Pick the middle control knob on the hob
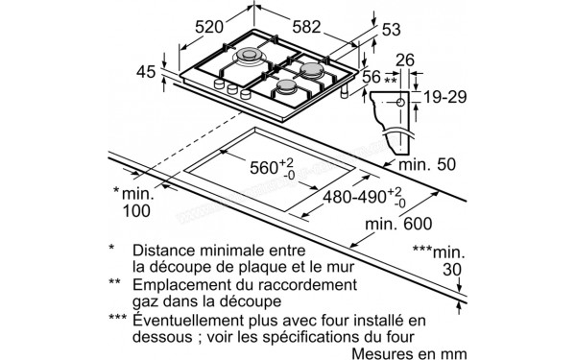pos(232,89)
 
